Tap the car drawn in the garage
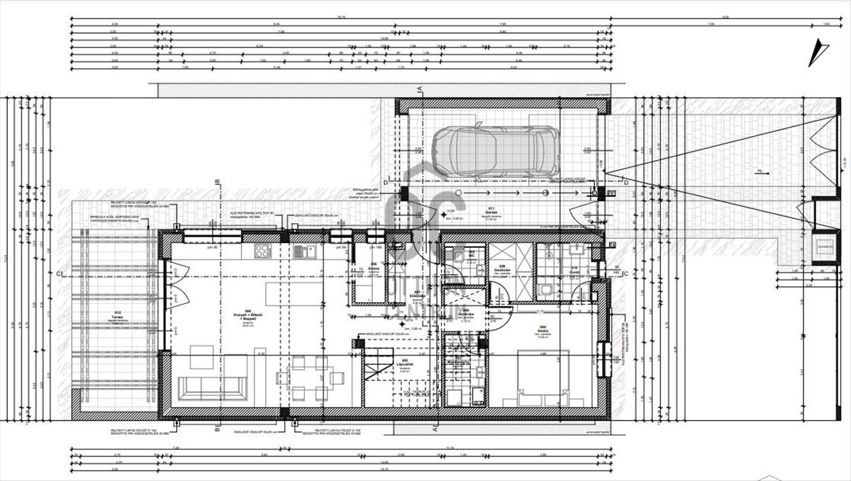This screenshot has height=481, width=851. (x=496, y=152)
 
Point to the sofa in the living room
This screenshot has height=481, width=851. (x=212, y=387)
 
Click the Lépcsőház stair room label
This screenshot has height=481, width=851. (x=404, y=362)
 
